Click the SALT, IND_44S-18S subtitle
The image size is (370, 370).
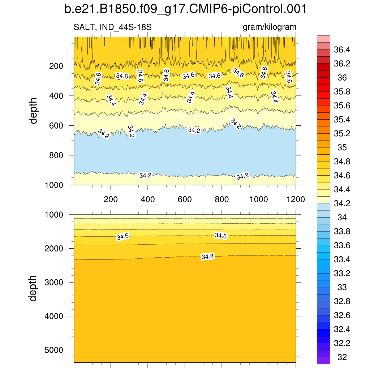click(112, 27)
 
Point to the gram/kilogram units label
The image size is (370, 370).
click(270, 27)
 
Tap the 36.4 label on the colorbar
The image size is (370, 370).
click(342, 50)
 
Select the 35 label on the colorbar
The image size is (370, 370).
click(342, 147)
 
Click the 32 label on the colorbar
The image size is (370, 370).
click(342, 357)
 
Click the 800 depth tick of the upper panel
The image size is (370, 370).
click(56, 155)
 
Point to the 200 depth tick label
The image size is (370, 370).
click(56, 66)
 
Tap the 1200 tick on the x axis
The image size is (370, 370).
click(296, 199)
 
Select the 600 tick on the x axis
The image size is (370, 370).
click(185, 199)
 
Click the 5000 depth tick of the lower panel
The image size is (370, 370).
click(53, 350)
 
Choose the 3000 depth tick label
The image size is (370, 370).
click(53, 282)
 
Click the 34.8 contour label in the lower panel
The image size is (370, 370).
click(208, 257)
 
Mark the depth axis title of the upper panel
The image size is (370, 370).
click(34, 111)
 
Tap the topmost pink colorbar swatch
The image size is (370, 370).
click(323, 39)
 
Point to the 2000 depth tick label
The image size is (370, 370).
click(53, 249)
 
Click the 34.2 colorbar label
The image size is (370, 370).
click(342, 203)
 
